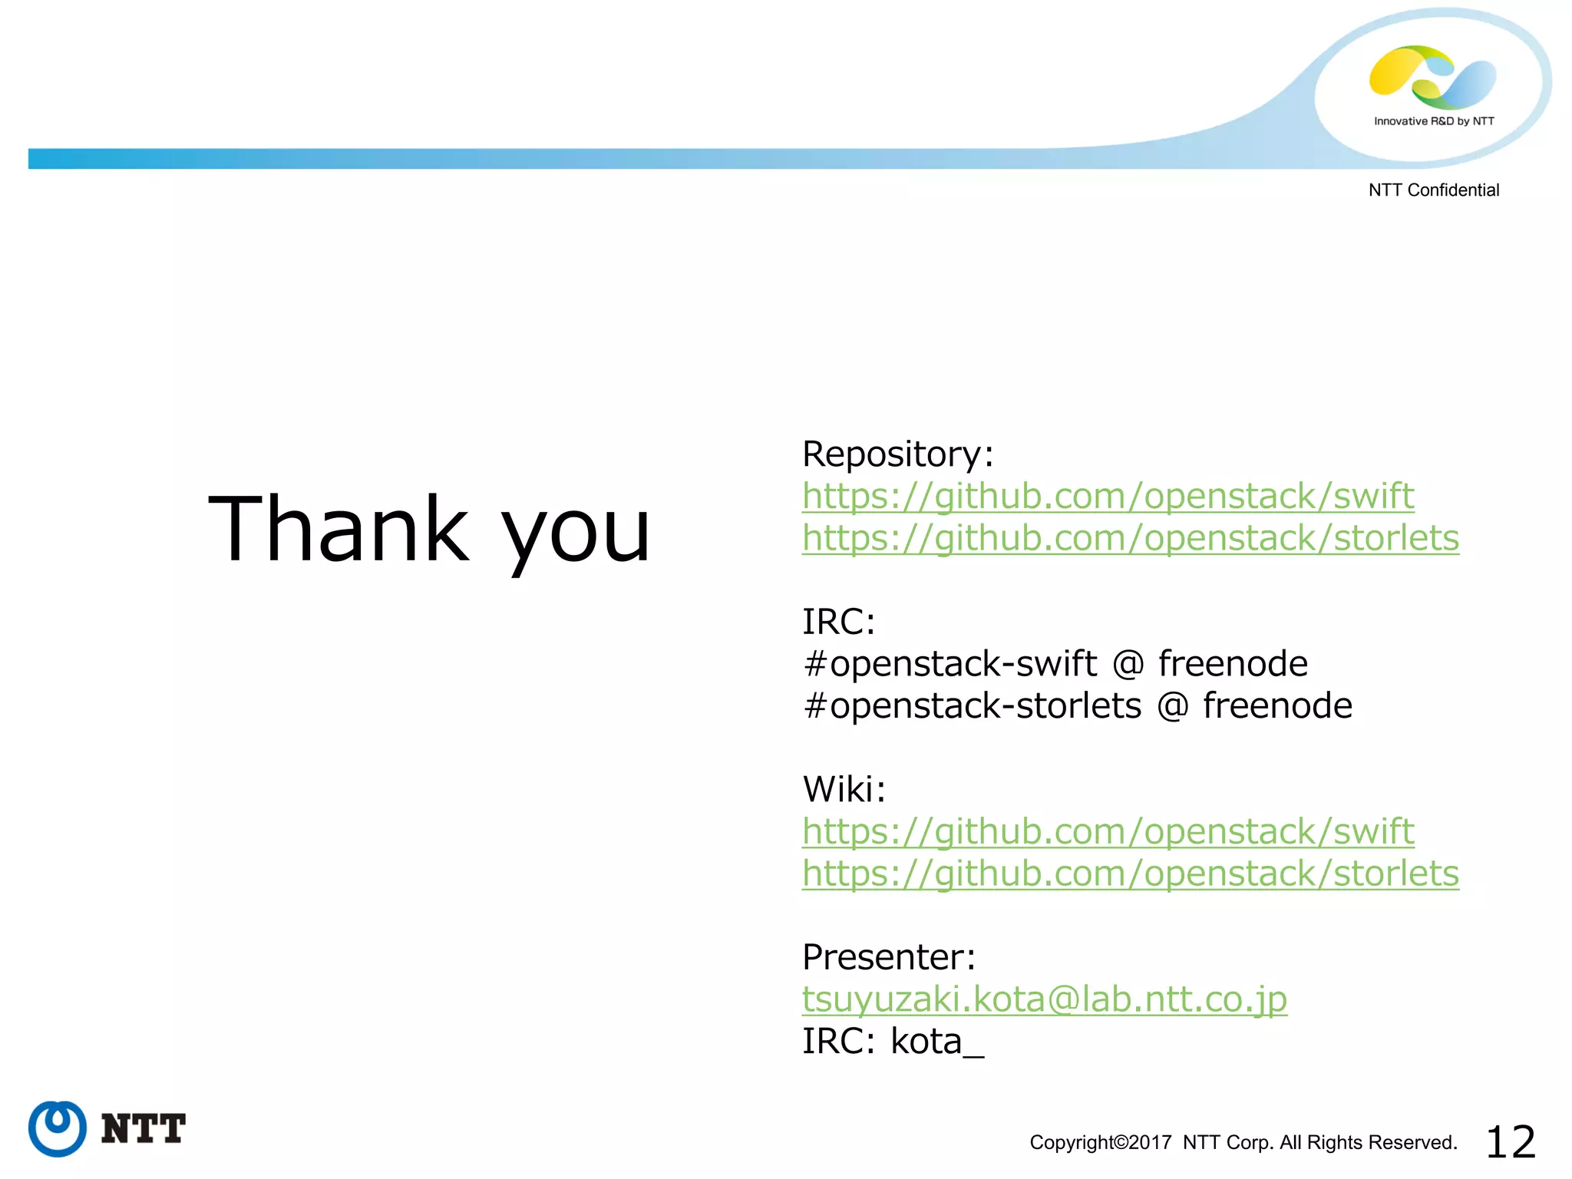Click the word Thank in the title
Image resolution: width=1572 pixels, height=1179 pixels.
coord(338,529)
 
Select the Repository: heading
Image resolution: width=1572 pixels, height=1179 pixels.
coord(897,454)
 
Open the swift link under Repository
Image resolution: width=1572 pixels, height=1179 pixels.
coord(1108,496)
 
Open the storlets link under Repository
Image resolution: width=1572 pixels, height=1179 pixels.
coord(1130,537)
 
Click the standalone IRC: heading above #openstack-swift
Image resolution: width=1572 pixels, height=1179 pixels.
coord(838,622)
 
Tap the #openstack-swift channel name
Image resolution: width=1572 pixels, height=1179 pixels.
coord(949,664)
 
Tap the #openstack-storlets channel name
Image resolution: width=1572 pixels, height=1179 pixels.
coord(972,706)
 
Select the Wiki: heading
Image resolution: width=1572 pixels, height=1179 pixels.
coord(844,789)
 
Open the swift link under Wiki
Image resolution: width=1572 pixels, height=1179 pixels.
coord(1108,831)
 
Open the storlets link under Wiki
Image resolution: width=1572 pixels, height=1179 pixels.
coord(1130,874)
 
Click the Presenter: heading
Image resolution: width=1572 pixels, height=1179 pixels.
coord(888,957)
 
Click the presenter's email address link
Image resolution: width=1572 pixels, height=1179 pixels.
coord(1044,999)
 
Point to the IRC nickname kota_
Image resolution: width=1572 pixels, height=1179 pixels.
coord(936,1042)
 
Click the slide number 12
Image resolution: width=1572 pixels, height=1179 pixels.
coord(1510,1142)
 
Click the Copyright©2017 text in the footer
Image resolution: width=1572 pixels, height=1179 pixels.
coord(1100,1143)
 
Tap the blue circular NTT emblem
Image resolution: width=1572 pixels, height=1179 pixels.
coord(58,1128)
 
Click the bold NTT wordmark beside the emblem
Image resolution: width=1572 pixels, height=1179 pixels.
coord(144,1129)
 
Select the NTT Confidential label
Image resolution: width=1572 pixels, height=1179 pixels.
coord(1433,190)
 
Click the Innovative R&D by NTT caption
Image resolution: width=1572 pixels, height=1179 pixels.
coord(1433,121)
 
